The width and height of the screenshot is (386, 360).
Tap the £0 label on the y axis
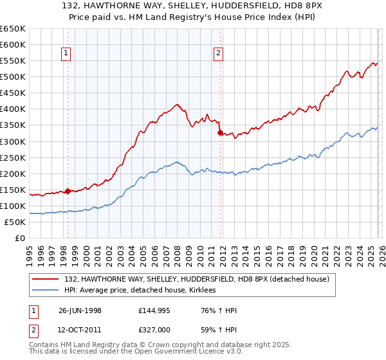[19, 238]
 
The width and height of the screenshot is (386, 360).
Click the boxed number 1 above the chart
[67, 53]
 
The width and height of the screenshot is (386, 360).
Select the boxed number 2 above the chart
[219, 53]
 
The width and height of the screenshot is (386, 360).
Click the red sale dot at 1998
[68, 191]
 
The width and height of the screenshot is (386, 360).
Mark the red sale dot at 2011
[220, 133]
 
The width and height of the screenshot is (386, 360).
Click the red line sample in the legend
[46, 279]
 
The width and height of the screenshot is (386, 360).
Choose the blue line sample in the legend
[46, 291]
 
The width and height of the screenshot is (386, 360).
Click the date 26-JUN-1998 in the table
[80, 310]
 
